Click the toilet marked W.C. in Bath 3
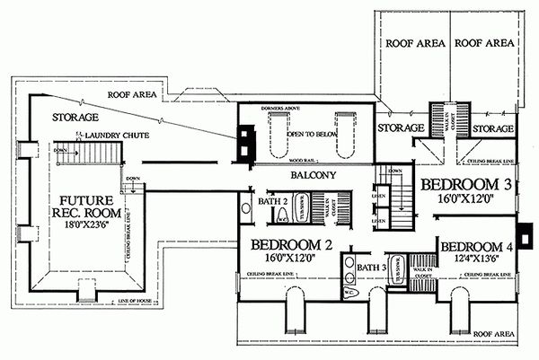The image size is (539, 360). point(349,293)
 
